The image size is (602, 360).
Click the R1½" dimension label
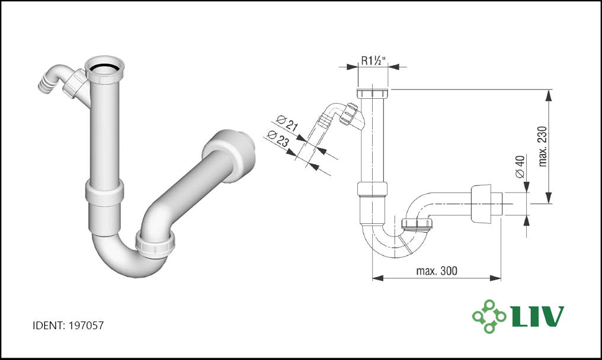pos(373,60)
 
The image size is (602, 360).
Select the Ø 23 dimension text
pos(278,139)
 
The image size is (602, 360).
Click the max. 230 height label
pos(542,146)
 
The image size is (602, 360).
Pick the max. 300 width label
pos(437,271)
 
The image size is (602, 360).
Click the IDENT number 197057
pos(86,326)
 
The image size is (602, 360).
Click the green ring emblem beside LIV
pos(489,316)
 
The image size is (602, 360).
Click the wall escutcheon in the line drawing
pos(482,204)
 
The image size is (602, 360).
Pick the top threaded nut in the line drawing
pos(373,94)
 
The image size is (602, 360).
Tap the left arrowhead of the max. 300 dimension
pos(378,278)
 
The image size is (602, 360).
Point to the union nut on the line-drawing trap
pos(417,224)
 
